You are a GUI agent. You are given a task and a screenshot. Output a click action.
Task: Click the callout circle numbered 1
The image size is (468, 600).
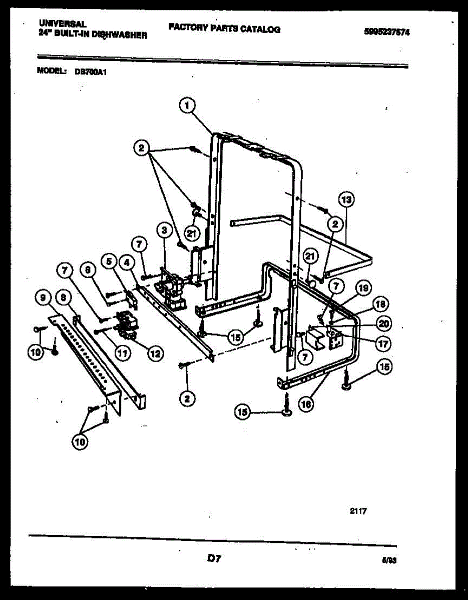186,105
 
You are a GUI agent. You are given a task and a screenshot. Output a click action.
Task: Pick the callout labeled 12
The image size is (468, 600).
155,353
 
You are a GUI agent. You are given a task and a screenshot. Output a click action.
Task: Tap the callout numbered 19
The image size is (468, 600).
363,288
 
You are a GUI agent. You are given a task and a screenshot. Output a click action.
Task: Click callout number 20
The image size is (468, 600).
384,323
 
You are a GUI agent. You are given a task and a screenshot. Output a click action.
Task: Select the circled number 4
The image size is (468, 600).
127,261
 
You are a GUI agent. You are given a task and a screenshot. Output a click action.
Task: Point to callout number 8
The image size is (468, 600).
64,297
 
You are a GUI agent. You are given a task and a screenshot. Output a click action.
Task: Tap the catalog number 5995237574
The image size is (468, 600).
387,31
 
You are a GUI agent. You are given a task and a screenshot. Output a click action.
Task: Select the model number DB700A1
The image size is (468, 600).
91,71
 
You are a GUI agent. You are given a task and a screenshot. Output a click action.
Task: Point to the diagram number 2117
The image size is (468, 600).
358,511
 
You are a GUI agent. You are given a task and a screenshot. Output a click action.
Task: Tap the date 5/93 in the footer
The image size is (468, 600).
388,561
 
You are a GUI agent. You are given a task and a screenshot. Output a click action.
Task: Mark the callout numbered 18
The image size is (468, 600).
382,304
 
